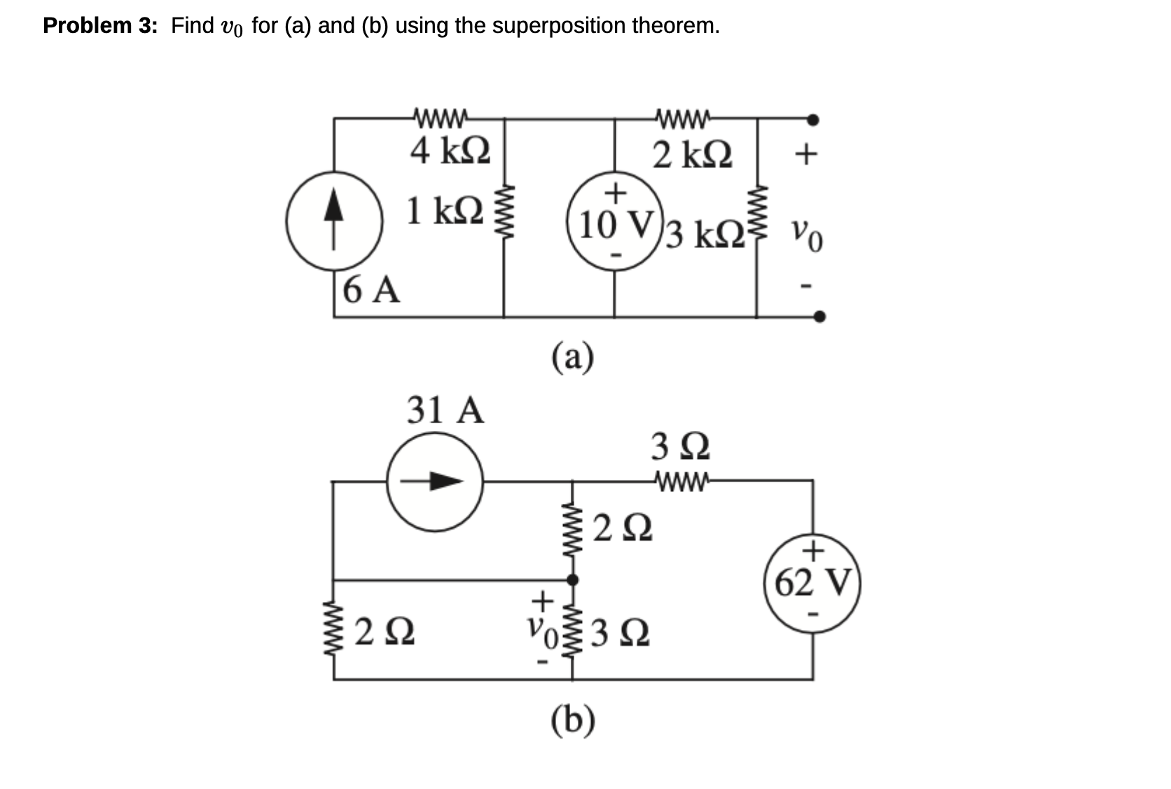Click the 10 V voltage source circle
(615, 223)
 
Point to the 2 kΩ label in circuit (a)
(692, 155)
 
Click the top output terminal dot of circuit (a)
(812, 120)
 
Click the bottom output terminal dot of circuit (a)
(819, 317)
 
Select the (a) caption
(572, 357)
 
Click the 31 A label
(445, 410)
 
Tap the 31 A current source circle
(435, 481)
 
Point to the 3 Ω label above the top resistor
(680, 446)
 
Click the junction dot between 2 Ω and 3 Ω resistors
(572, 579)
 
